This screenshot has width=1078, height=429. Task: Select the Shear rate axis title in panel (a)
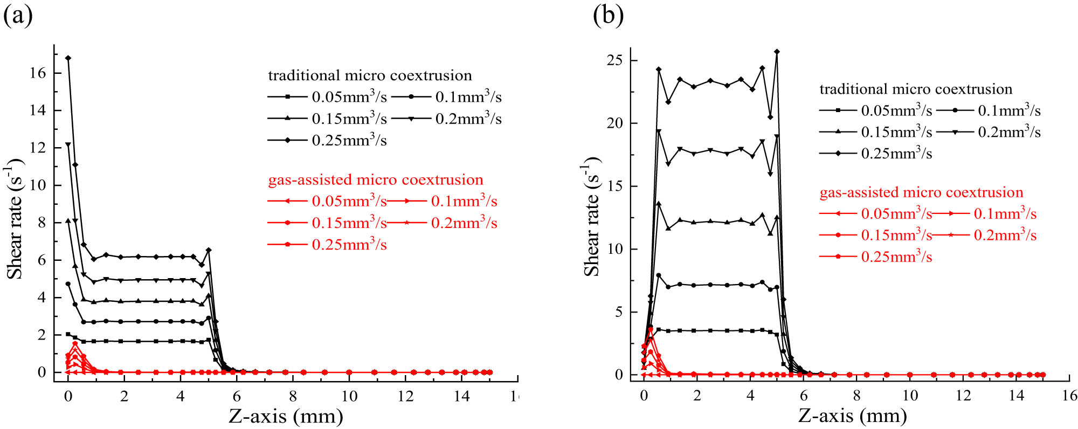coord(15,218)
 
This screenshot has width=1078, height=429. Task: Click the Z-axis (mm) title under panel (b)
coord(852,416)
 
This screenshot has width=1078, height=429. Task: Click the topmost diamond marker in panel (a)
coord(68,58)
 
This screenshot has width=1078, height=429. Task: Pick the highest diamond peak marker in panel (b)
coord(777,52)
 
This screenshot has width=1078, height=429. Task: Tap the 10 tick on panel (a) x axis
coord(349,396)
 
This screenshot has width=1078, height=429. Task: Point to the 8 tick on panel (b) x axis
coord(856,396)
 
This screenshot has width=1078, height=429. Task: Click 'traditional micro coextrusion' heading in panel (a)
coord(370,75)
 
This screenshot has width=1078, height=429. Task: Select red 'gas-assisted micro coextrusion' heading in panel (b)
coord(921,192)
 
